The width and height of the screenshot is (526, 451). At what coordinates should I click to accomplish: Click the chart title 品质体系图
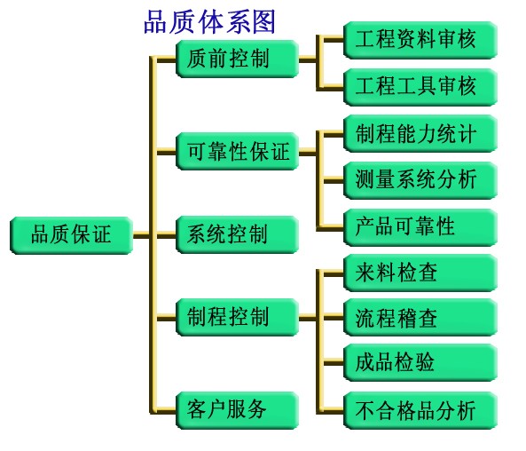point(209,22)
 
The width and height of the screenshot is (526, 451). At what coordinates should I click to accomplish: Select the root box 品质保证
point(72,235)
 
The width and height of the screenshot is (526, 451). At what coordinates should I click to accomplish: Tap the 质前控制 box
point(237,59)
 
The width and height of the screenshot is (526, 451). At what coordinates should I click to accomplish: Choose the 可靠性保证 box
point(237,151)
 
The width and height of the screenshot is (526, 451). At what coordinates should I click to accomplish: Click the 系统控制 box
point(237,234)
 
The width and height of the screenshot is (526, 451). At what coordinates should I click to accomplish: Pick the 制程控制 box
point(237,317)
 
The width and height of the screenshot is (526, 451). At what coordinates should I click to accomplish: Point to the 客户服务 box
point(237,410)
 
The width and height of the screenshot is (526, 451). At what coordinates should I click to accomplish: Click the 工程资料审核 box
point(420,40)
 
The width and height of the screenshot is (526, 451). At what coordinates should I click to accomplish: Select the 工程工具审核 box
point(420,87)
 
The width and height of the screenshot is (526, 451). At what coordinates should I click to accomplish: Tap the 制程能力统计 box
point(420,133)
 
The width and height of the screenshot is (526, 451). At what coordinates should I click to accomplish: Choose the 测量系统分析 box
point(420,180)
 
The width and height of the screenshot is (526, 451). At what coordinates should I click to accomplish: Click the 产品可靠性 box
point(420,227)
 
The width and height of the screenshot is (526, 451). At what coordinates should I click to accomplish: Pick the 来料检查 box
point(420,273)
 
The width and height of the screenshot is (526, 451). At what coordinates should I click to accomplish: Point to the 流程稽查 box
point(420,317)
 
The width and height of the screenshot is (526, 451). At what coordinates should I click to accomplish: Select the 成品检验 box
point(420,362)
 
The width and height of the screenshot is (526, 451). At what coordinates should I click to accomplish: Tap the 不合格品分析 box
point(420,410)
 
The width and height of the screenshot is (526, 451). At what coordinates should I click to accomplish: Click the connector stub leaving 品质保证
point(141,235)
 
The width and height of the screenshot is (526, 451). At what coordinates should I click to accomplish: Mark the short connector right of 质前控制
point(307,59)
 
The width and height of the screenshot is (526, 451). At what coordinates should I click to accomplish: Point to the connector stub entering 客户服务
point(167,410)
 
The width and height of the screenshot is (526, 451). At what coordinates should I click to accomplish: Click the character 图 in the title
point(263,22)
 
